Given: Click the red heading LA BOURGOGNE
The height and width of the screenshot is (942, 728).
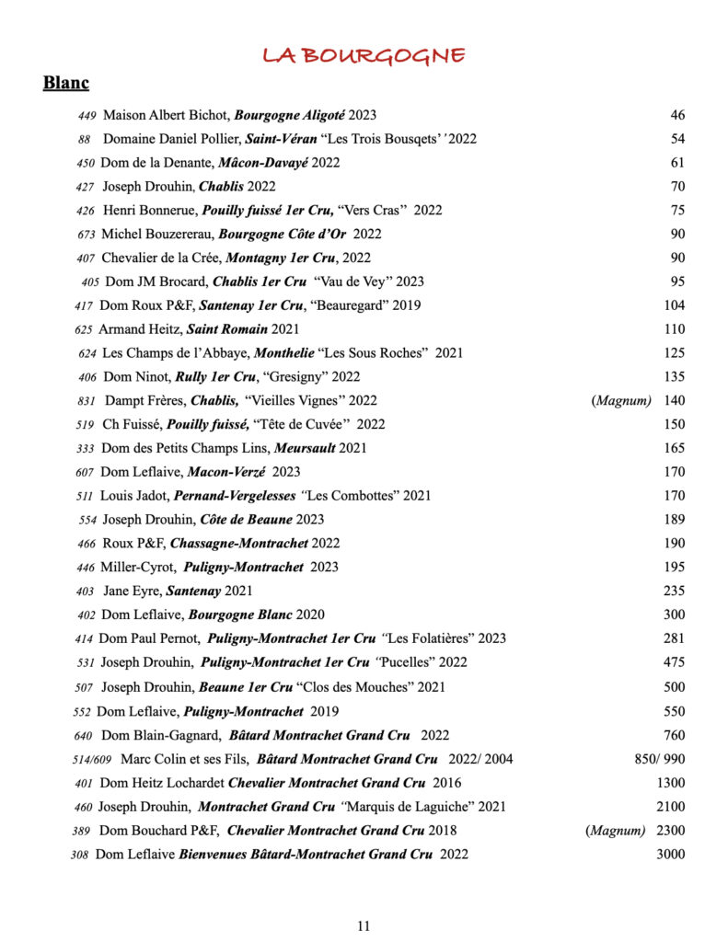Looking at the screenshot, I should (364, 55).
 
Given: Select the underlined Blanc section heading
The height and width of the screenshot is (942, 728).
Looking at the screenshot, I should (65, 84).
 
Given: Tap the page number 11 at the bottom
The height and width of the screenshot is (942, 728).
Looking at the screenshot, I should (364, 925).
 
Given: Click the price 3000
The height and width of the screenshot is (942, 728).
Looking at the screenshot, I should (670, 854).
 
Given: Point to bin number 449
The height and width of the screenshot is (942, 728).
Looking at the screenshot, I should (87, 116).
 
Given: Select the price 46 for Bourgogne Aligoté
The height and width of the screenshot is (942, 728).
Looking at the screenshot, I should (677, 115).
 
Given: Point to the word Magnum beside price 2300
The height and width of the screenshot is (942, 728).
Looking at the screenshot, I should (616, 831).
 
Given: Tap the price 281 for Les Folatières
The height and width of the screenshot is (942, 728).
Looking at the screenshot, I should (674, 638).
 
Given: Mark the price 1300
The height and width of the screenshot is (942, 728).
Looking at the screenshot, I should (670, 783).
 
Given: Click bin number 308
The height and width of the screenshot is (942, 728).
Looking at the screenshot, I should (79, 855).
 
